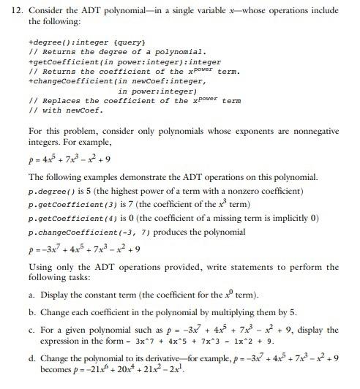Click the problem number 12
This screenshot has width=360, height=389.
(10, 10)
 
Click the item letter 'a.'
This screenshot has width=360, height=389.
(33, 295)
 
